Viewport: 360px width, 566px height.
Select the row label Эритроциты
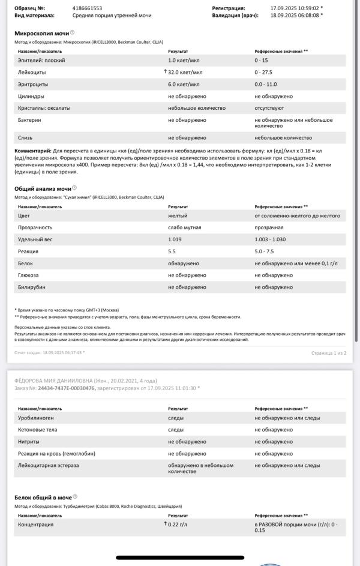tap(34, 84)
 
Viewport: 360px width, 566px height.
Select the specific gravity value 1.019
tap(175, 239)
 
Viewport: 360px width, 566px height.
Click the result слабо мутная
tap(184, 227)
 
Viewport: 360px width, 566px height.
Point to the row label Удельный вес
tap(35, 239)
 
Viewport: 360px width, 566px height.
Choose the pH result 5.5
tap(172, 251)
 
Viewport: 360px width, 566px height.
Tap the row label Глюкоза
tap(30, 275)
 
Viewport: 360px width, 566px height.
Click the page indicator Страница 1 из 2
tap(328, 352)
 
